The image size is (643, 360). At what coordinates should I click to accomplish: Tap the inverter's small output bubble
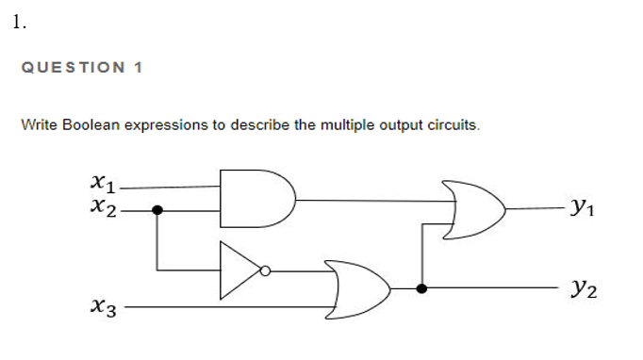pos(266,271)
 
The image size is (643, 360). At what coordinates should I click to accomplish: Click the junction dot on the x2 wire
pos(157,210)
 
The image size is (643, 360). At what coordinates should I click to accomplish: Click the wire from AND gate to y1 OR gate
pos(368,199)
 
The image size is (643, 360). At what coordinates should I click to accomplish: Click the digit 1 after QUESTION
pos(138,68)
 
